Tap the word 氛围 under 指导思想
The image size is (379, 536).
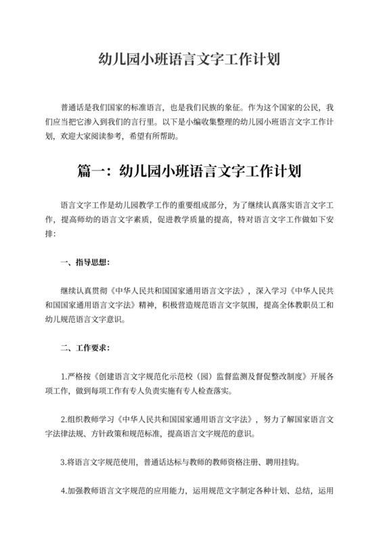247,304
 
